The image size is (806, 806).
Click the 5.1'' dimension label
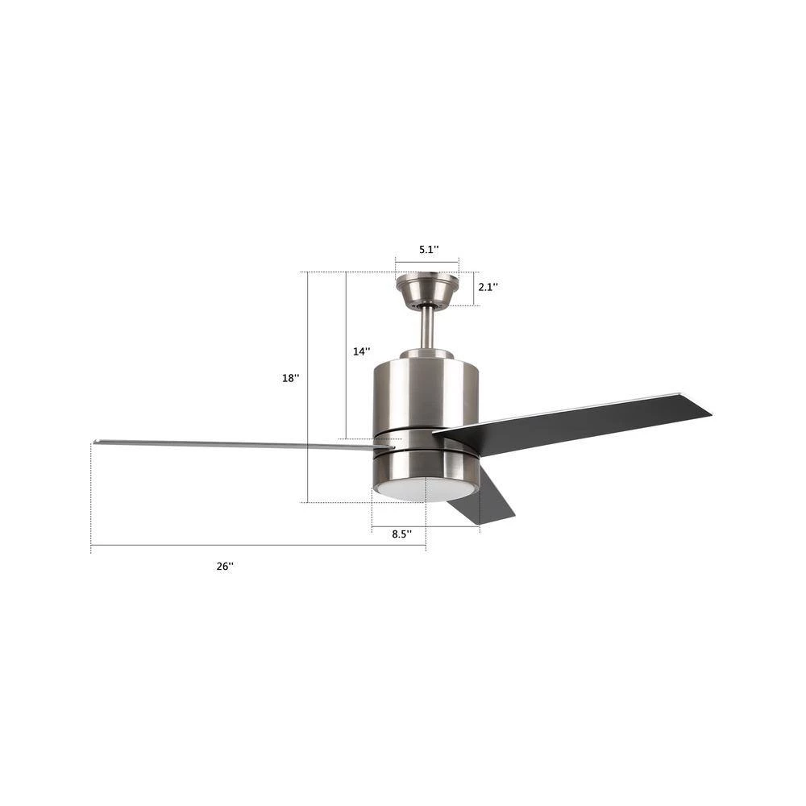(x=428, y=250)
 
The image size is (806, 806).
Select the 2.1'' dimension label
(x=488, y=287)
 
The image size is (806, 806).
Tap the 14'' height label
(x=362, y=351)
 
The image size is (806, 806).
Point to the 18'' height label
(x=290, y=378)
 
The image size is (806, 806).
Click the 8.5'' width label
(x=401, y=534)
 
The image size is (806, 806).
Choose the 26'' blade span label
(x=225, y=566)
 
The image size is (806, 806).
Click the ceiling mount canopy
(x=427, y=289)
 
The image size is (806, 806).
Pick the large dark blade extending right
(x=580, y=424)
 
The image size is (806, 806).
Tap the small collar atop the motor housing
(x=426, y=354)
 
